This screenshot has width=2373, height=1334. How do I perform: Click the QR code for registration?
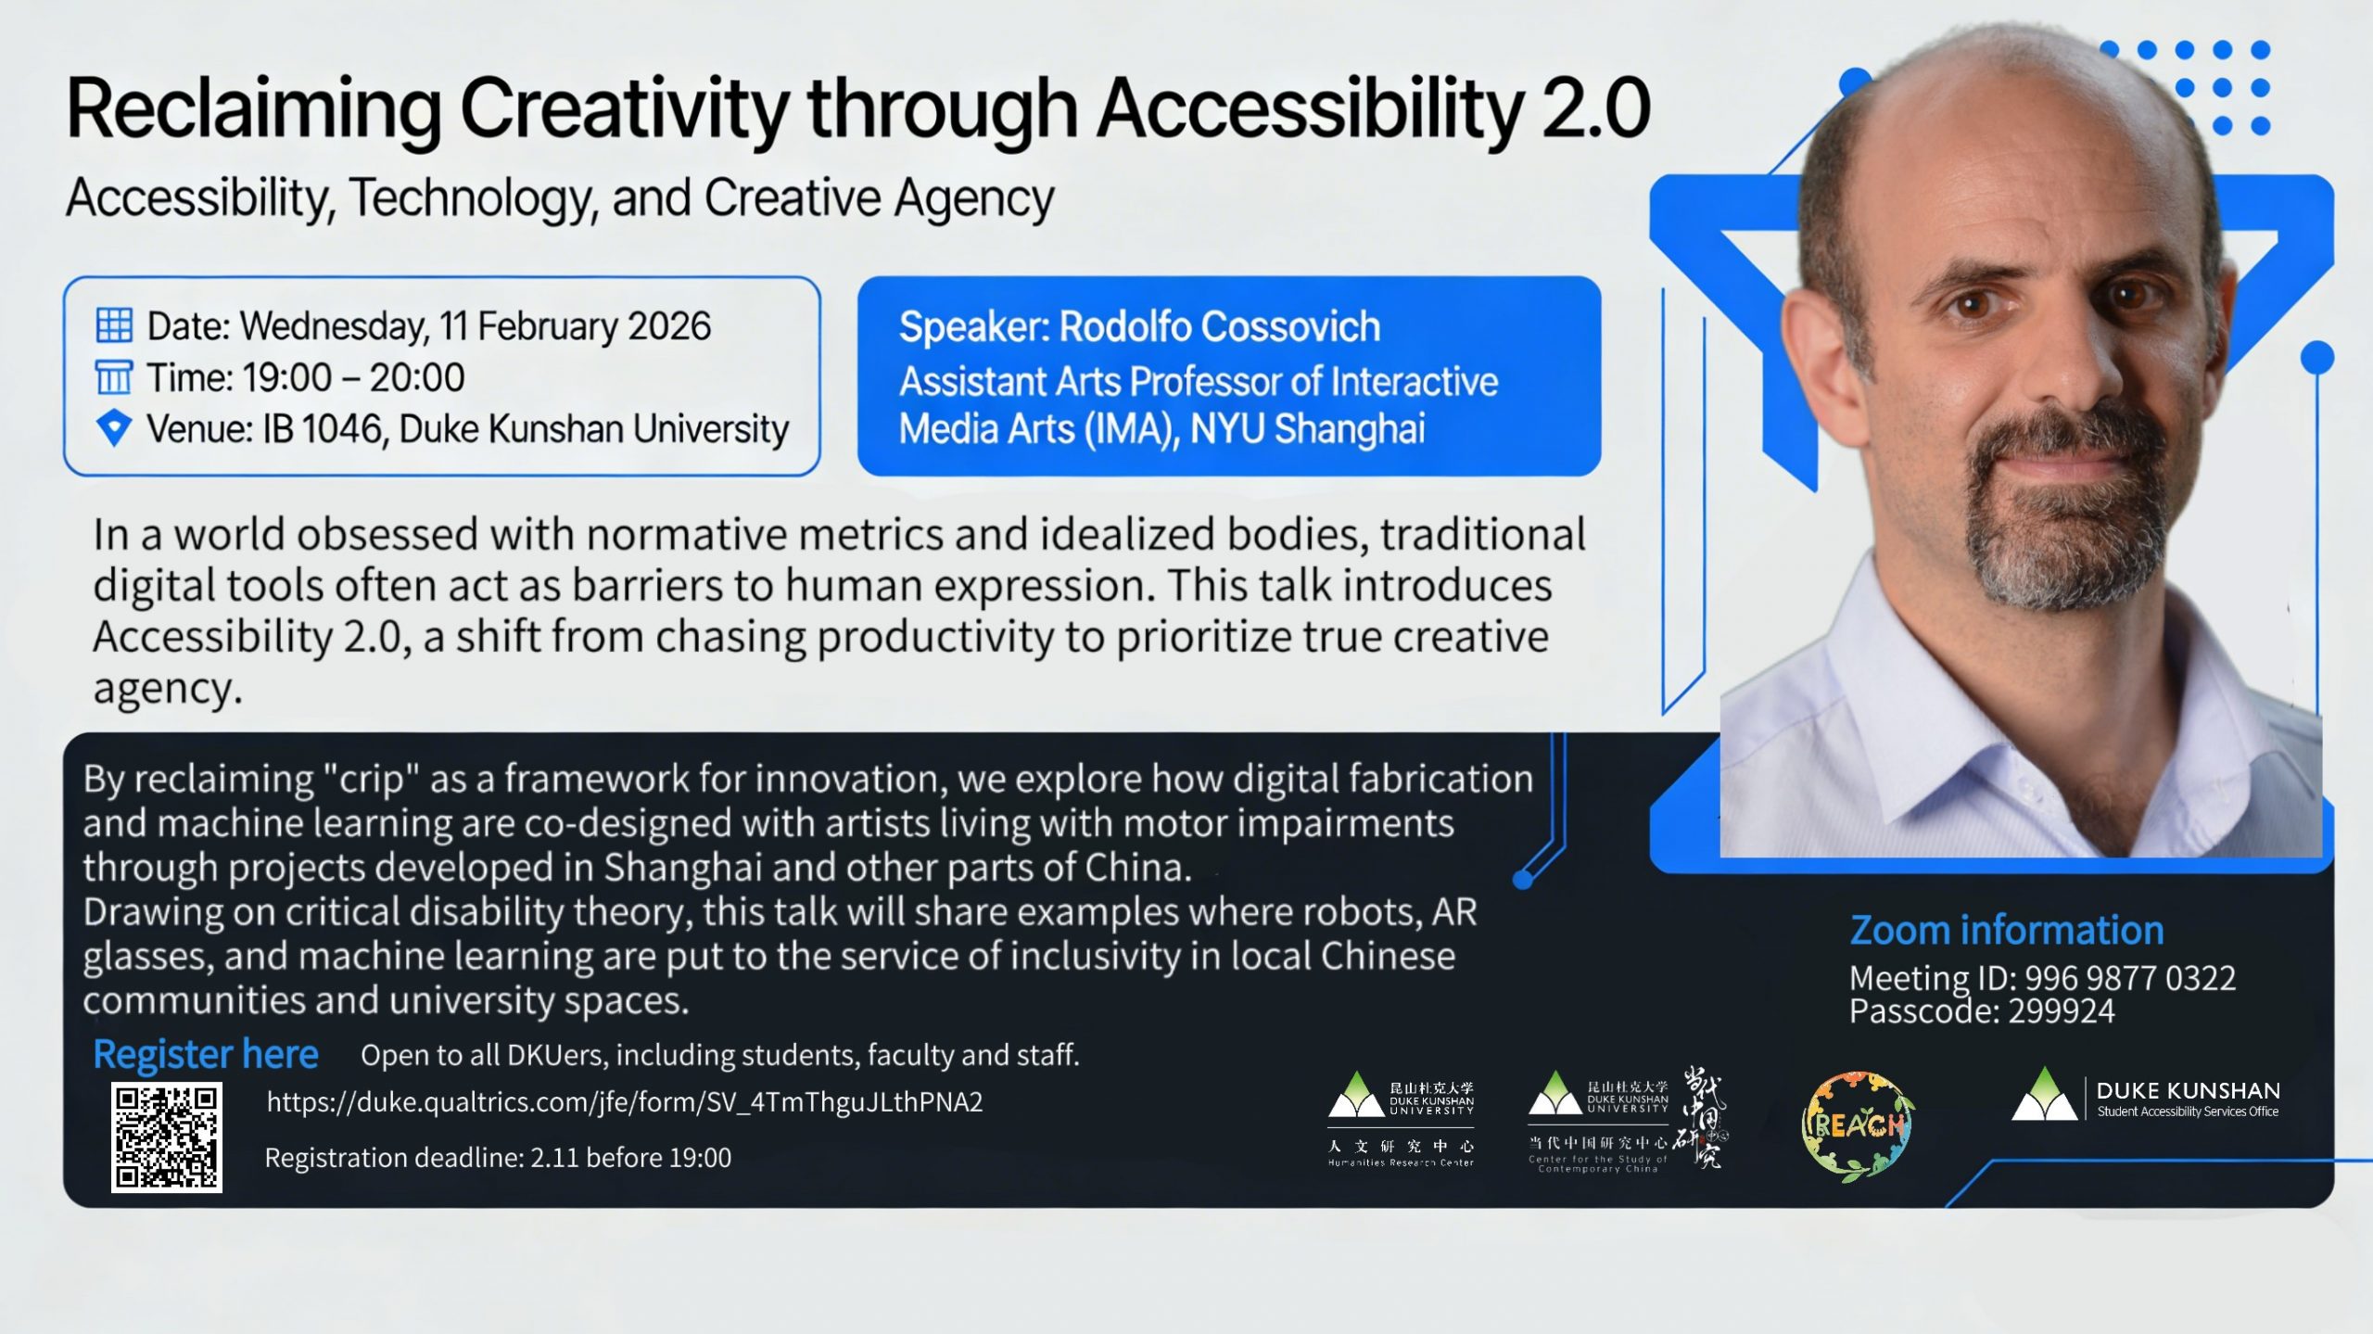167,1137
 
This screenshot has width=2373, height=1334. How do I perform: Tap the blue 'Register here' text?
206,1054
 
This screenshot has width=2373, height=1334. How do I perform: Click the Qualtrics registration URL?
625,1102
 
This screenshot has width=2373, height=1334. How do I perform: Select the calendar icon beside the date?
114,325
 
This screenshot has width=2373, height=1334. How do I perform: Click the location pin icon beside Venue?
114,428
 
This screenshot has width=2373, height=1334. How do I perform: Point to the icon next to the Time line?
114,377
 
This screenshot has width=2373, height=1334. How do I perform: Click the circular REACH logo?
1858,1127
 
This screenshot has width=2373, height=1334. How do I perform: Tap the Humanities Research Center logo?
1401,1119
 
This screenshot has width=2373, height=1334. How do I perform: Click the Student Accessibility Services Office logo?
2145,1097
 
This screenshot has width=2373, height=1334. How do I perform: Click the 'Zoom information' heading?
2007,930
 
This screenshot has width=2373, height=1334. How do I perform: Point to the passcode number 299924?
2061,1011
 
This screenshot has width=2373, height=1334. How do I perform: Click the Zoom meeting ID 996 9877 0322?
2129,978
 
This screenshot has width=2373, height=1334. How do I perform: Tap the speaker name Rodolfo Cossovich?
1220,326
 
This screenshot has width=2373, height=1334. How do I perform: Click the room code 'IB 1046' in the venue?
323,429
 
